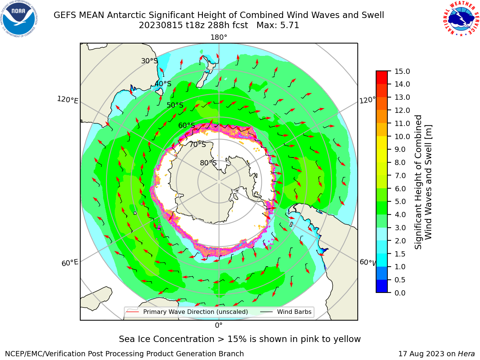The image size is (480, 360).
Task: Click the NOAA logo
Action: tap(19, 19)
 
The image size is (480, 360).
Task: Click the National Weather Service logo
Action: tap(461, 18)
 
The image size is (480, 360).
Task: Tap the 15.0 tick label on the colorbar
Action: tap(402, 71)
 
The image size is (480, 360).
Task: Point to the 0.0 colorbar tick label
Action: tap(400, 293)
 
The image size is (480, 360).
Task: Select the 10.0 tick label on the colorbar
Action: tap(402, 136)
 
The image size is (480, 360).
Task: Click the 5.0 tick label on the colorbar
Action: tap(400, 201)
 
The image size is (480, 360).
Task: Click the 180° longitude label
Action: tap(219, 37)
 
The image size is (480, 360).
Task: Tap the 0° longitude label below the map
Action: tap(219, 325)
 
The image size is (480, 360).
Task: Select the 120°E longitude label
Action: tap(67, 100)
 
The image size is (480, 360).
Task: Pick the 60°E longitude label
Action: tap(70, 262)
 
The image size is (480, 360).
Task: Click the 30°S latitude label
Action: tap(149, 61)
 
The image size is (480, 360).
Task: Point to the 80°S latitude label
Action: tap(208, 163)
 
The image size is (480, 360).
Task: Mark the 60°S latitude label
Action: tap(186, 125)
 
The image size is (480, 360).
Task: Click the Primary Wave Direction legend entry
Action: tap(187, 312)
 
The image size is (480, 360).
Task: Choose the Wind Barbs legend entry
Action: tap(286, 312)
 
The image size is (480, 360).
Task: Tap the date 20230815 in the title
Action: tap(161, 25)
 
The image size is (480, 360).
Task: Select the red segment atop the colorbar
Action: tap(382, 78)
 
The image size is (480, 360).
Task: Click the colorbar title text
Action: tap(423, 182)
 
